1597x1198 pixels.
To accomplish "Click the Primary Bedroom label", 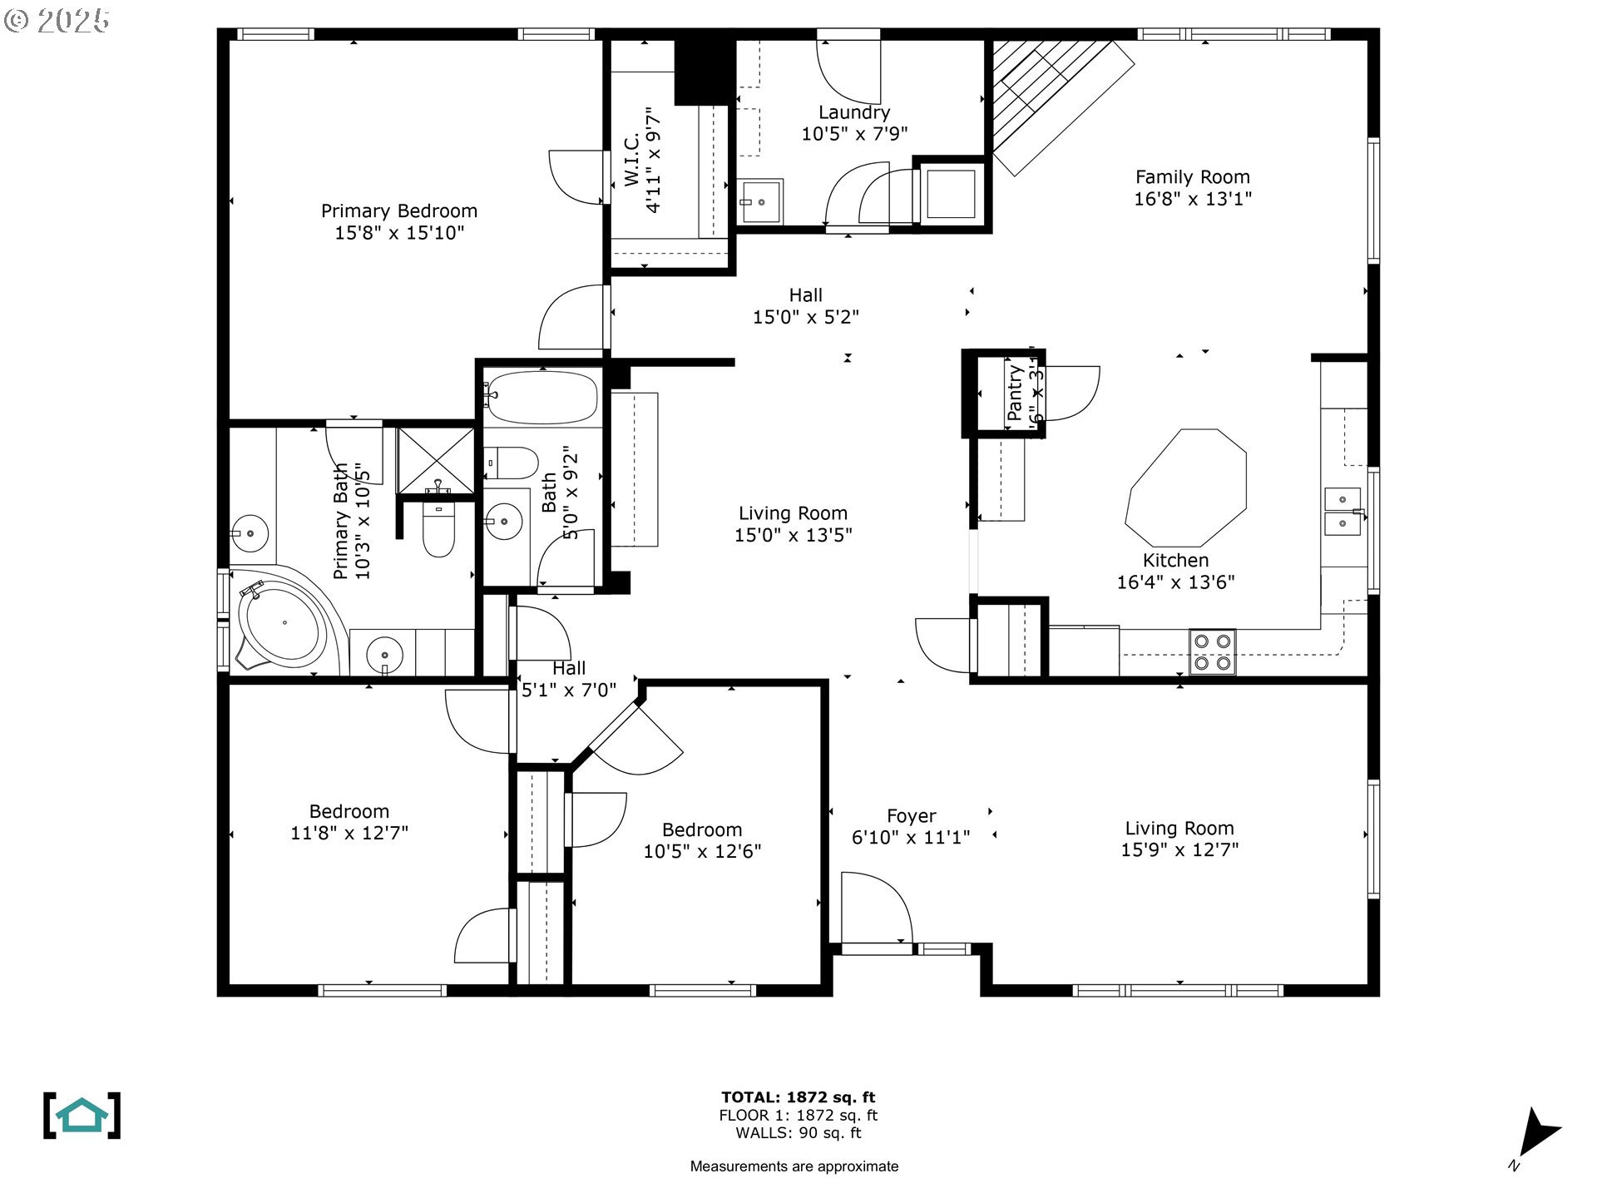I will click(x=399, y=211).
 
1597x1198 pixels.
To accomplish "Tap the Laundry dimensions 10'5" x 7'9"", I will click(x=854, y=134).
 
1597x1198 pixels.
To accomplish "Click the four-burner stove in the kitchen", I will click(x=1212, y=652).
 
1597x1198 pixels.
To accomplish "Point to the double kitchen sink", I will click(x=1342, y=511).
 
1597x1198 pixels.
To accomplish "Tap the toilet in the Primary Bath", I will click(x=438, y=529).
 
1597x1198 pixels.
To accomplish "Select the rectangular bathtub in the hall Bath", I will click(x=542, y=397).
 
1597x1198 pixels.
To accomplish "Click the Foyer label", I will click(x=911, y=816).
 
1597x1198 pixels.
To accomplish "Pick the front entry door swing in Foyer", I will click(x=875, y=908).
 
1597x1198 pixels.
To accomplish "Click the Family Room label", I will click(x=1192, y=177).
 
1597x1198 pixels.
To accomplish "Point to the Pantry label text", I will click(x=1014, y=393).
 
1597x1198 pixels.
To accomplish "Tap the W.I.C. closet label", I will click(x=632, y=160).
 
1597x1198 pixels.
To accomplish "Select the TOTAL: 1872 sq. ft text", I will click(x=798, y=1097).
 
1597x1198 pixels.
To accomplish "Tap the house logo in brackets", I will click(x=82, y=1116).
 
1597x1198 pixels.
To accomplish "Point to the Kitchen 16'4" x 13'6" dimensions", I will click(x=1174, y=582).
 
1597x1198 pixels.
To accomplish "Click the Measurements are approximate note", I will click(x=794, y=1166).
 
